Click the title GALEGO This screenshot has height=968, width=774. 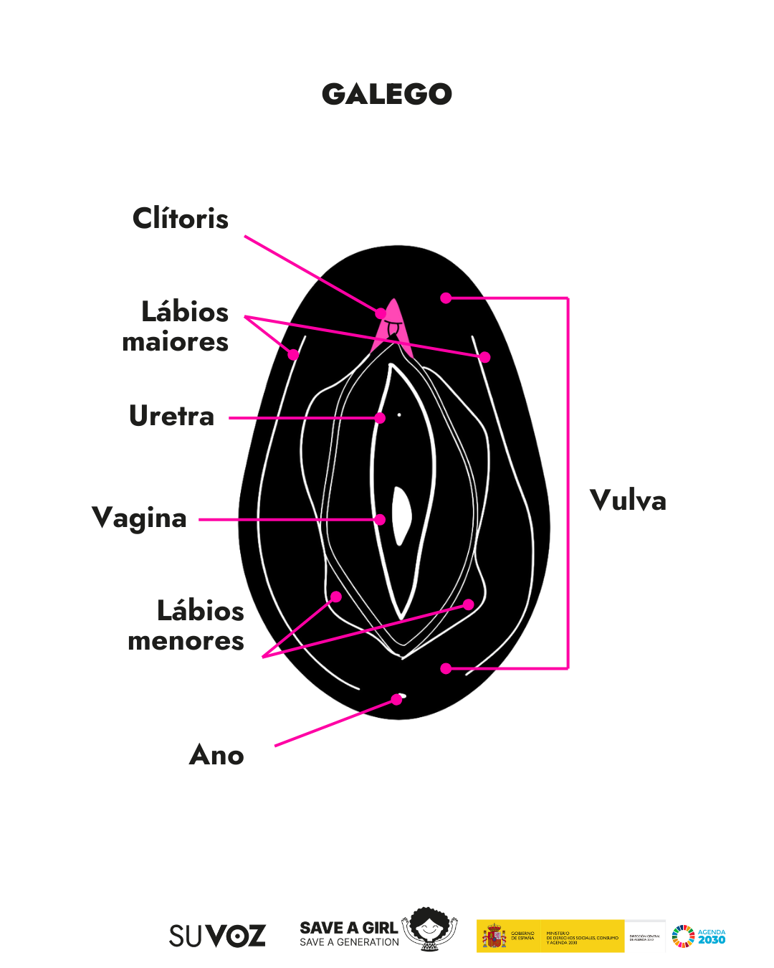tap(387, 94)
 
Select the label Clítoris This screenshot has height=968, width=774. tap(181, 219)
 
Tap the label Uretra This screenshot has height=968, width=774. tap(172, 416)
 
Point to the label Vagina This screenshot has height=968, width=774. tap(140, 518)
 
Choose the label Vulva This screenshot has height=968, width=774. tap(628, 500)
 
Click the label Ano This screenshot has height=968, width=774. tap(216, 755)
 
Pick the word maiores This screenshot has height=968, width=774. tap(176, 342)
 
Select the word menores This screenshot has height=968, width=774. tap(186, 641)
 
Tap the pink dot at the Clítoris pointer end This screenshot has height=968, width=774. tap(381, 313)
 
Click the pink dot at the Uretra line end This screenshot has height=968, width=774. tap(381, 417)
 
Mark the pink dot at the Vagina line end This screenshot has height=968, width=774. tap(381, 520)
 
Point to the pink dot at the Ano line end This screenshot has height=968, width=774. tap(396, 699)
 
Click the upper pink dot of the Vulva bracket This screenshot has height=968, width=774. tap(446, 298)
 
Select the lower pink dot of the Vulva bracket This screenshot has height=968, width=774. tap(446, 668)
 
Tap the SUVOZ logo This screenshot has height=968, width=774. tap(217, 936)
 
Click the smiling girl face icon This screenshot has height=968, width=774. tap(429, 929)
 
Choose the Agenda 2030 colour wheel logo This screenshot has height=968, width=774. tap(683, 936)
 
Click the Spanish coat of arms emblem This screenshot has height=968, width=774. tap(494, 936)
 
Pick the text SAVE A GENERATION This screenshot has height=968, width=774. tap(349, 942)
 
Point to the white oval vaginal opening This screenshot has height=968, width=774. tap(402, 515)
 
